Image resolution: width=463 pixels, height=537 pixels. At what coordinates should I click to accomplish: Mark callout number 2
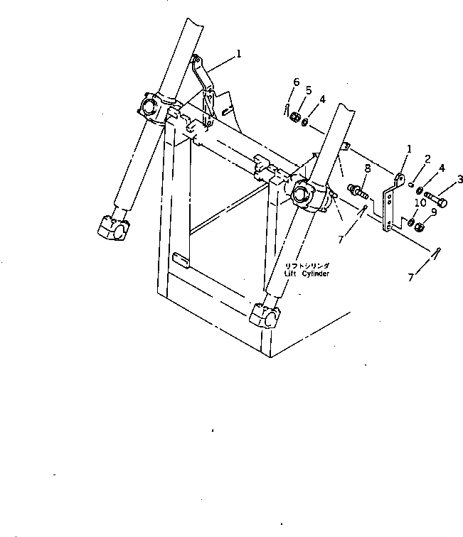click(x=427, y=158)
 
